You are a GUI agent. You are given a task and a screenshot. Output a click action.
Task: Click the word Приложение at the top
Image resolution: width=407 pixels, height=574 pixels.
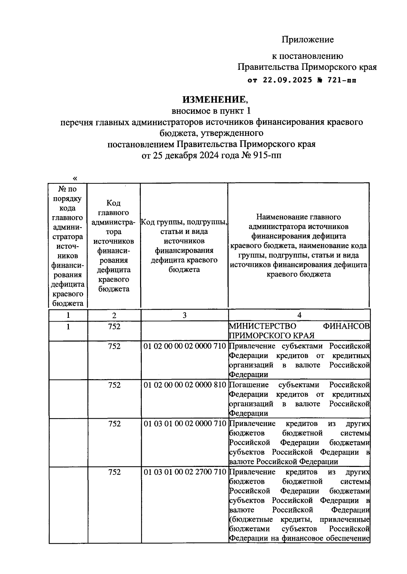(307, 40)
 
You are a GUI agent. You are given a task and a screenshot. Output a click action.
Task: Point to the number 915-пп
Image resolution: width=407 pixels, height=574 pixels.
(268, 155)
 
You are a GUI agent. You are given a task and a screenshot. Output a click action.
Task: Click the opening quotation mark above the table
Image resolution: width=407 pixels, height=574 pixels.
(75, 178)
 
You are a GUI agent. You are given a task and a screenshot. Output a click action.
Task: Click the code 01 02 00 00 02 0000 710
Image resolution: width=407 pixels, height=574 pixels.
(185, 346)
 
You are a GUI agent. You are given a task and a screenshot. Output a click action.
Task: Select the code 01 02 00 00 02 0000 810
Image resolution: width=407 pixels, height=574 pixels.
(185, 385)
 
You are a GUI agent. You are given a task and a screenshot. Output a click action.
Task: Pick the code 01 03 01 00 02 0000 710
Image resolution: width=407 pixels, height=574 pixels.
(185, 424)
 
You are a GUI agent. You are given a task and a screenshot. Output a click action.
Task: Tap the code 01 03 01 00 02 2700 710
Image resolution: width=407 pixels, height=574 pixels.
(185, 472)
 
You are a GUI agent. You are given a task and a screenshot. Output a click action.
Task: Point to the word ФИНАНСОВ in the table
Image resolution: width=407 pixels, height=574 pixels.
(346, 326)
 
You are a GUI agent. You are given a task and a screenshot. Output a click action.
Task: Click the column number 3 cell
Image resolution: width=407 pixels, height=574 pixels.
(185, 315)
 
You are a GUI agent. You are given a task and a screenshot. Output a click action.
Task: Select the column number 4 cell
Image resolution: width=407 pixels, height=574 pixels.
(299, 315)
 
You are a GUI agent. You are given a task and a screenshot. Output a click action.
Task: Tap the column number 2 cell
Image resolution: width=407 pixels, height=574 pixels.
(114, 315)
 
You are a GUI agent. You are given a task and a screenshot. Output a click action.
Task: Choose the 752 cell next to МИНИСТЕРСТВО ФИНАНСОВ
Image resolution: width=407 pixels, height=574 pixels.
(114, 326)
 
